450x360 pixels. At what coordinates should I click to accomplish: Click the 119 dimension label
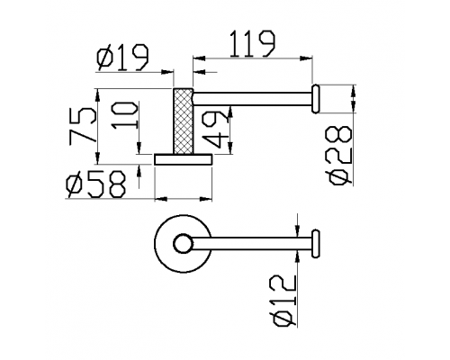coord(252,44)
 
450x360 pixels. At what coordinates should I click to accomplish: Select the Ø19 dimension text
coord(122,58)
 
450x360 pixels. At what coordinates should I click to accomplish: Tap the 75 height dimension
coord(84,126)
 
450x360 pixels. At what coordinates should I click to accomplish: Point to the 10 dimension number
coord(124,115)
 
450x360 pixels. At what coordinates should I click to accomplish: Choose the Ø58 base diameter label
coord(95,184)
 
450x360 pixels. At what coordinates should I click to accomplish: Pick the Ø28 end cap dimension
coord(341,156)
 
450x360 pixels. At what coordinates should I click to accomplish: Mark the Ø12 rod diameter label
coord(284,301)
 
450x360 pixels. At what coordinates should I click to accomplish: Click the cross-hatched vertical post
coord(183,121)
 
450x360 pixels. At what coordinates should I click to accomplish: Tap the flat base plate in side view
coord(184,159)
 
